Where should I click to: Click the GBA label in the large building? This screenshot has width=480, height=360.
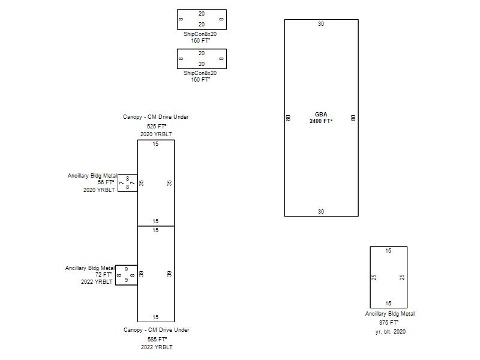321,114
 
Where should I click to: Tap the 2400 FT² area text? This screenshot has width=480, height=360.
321,121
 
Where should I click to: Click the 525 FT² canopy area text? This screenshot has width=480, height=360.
156,127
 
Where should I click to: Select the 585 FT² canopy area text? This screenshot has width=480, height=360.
157,339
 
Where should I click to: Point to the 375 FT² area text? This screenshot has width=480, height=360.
389,322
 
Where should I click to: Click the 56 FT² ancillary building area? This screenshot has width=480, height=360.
106,182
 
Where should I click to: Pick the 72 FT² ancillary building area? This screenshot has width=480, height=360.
104,275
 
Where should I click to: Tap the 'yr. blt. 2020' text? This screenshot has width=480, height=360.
391,331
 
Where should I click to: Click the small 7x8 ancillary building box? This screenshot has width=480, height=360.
127,183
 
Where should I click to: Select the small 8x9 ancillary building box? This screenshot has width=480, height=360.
126,275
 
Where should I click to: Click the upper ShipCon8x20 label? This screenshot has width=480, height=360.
200,34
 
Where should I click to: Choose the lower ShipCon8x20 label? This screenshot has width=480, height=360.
200,73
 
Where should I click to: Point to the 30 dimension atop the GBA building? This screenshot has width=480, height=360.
321,24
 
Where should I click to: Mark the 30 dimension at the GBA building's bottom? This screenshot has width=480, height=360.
321,212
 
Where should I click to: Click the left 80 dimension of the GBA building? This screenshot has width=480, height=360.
289,118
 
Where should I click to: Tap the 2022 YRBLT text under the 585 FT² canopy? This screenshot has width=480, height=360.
157,347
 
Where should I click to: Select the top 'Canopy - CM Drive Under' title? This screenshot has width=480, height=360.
156,117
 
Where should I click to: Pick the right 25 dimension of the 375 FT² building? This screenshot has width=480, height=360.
403,277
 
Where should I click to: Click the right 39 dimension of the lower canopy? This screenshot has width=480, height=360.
170,274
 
